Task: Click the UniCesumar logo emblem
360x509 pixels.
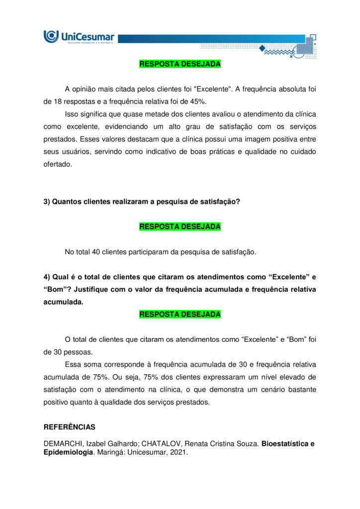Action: pos(51,36)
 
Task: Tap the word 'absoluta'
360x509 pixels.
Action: pos(289,89)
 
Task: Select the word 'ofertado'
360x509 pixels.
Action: pos(57,164)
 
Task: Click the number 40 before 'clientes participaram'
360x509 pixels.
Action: pos(96,252)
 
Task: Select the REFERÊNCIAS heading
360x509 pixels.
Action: pos(69,427)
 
